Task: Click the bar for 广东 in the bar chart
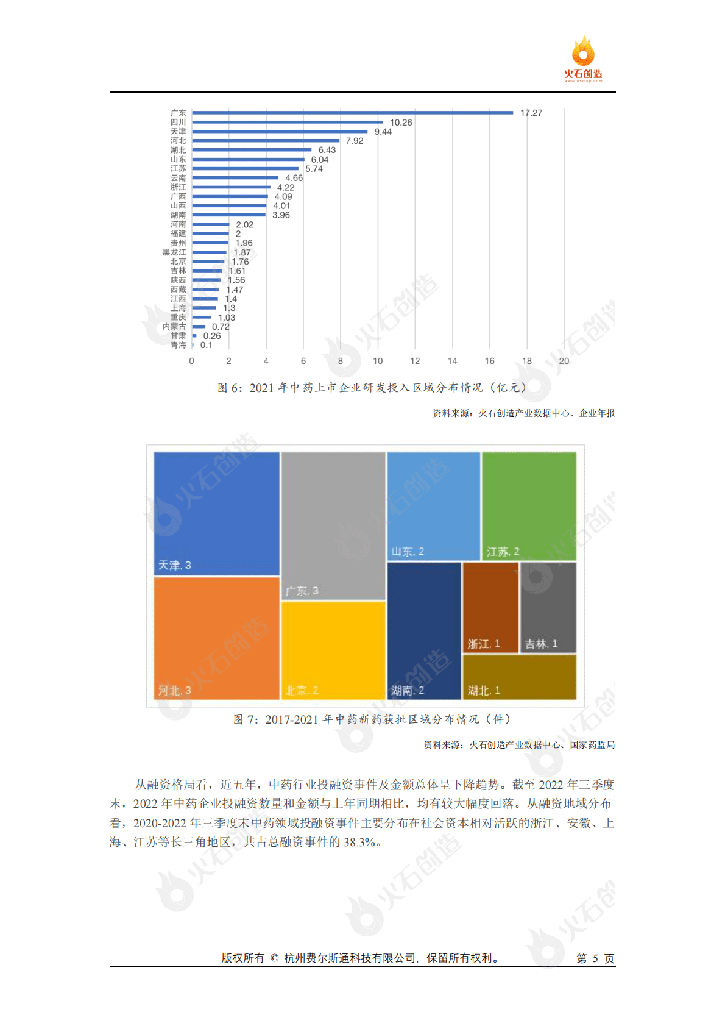[352, 113]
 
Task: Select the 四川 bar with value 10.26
[287, 122]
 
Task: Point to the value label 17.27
[531, 113]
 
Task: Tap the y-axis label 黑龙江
[174, 252]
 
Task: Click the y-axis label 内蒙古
[174, 327]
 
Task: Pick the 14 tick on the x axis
[452, 361]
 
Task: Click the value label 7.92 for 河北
[354, 141]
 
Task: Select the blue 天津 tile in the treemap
[216, 513]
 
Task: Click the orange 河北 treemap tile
[216, 637]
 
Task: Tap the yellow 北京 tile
[333, 650]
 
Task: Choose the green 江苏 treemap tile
[529, 505]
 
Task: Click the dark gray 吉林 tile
[548, 607]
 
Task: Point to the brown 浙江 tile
[490, 607]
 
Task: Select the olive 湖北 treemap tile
[519, 677]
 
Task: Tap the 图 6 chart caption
[372, 388]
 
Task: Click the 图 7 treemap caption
[372, 719]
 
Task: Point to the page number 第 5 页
[595, 958]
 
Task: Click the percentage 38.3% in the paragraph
[362, 843]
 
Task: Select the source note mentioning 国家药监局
[519, 745]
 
